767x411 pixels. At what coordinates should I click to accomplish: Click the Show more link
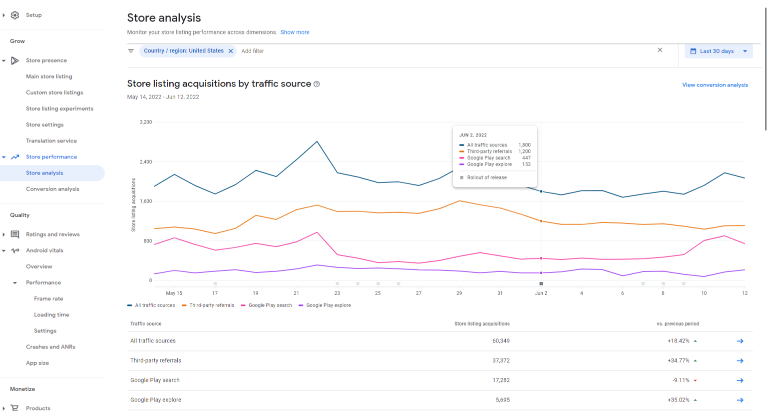coord(295,32)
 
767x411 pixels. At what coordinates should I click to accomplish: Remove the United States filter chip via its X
coord(231,51)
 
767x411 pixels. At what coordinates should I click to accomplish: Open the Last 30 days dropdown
coord(718,51)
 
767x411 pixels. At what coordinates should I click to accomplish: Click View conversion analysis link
coord(715,85)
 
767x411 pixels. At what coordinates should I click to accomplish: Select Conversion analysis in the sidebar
coord(52,189)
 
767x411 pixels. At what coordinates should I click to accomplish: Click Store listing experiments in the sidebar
coord(59,108)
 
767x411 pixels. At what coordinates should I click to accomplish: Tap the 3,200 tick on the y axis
coord(146,122)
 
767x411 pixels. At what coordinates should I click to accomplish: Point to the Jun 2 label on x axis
coord(541,293)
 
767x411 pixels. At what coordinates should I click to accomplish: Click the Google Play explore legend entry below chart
coord(328,305)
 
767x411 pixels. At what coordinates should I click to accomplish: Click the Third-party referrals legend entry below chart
coord(211,305)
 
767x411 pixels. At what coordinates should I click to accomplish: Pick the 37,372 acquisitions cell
coord(501,360)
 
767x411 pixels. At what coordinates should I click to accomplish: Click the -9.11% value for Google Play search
coord(681,380)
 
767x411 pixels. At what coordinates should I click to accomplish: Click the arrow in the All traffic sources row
coord(740,341)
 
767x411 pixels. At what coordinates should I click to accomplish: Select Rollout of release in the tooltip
coord(486,177)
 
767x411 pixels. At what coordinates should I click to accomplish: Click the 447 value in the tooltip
coord(526,158)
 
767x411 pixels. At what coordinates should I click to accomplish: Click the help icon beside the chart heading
coord(317,84)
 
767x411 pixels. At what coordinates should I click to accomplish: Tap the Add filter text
coord(253,51)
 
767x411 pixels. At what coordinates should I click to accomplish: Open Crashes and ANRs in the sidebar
coord(50,347)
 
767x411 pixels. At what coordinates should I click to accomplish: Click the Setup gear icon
coord(15,15)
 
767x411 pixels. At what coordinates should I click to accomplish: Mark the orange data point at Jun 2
coord(541,221)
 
